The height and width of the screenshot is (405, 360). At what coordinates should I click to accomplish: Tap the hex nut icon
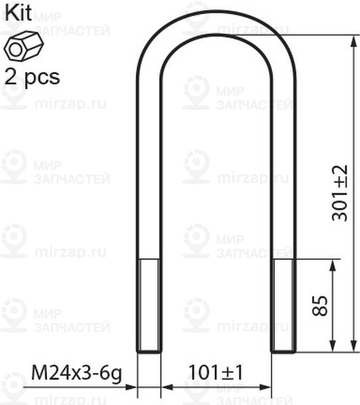click(25, 47)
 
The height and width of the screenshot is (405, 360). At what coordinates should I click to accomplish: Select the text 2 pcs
click(32, 75)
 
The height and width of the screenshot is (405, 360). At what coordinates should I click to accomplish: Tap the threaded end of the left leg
click(149, 305)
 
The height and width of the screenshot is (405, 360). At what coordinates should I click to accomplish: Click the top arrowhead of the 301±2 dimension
click(353, 40)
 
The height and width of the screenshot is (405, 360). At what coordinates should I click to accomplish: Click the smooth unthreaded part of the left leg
click(149, 169)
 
